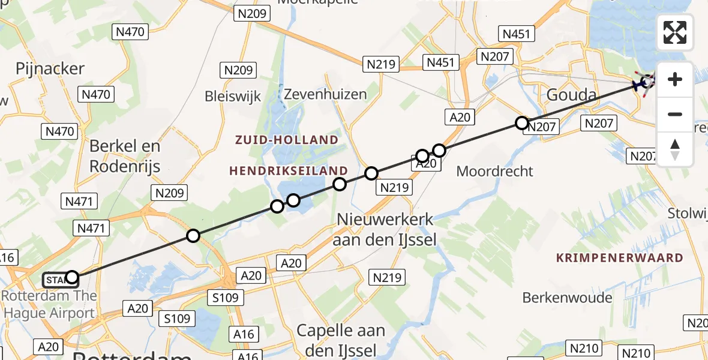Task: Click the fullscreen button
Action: (x=675, y=32)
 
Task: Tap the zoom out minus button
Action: (x=675, y=114)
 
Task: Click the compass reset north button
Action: (x=675, y=149)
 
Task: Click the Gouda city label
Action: (x=571, y=95)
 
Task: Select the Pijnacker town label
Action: (x=50, y=68)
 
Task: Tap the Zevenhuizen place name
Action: (x=325, y=94)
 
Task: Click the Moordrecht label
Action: (x=494, y=171)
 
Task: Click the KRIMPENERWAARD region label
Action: (x=620, y=258)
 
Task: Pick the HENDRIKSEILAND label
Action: (x=289, y=171)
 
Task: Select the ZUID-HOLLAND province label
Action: (x=286, y=140)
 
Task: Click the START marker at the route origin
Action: (x=56, y=280)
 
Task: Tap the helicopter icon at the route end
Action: (x=645, y=83)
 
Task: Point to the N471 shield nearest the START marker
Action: (x=91, y=228)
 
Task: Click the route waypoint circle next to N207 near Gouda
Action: (x=522, y=124)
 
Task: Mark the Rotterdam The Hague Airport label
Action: (x=49, y=304)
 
